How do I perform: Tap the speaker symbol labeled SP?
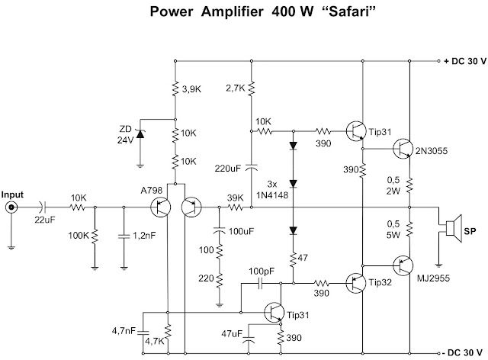[x=454, y=228]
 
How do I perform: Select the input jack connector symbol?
[x=12, y=207]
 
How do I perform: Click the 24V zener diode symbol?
[x=140, y=134]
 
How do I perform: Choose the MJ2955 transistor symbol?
[x=403, y=265]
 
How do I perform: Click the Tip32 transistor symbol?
[x=356, y=283]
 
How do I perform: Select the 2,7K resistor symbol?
[x=252, y=88]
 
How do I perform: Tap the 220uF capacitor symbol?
[x=252, y=167]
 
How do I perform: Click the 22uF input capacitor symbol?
[x=43, y=207]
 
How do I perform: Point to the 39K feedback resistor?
[x=236, y=207]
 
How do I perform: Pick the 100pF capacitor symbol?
[x=260, y=284]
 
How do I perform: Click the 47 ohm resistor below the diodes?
[x=293, y=260]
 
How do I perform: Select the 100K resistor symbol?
[x=95, y=236]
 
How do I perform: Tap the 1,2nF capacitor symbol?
[x=124, y=236]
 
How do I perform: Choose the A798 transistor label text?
[x=152, y=190]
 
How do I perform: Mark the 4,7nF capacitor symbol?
[x=143, y=333]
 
